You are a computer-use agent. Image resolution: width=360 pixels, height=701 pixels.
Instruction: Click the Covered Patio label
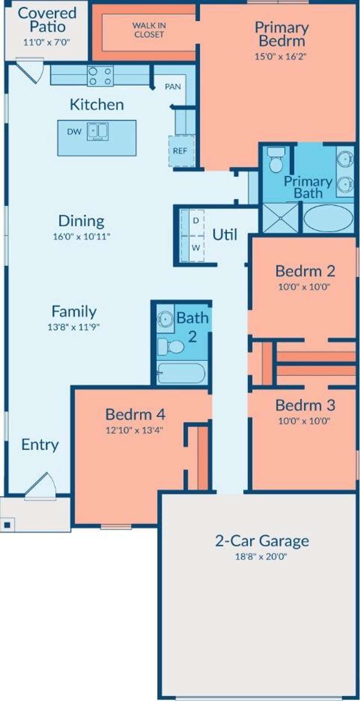47,20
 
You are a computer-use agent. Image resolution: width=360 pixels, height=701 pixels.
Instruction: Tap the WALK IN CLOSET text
149,30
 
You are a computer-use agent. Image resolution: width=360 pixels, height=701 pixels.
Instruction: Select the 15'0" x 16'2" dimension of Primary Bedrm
280,57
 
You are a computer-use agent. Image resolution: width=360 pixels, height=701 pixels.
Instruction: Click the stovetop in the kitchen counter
100,76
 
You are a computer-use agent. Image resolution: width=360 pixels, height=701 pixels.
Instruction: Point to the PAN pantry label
173,87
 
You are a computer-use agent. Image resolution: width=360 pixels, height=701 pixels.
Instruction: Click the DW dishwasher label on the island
74,132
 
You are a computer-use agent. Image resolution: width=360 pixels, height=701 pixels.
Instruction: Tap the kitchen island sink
98,131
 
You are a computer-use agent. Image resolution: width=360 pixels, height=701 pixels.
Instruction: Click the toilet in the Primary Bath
276,159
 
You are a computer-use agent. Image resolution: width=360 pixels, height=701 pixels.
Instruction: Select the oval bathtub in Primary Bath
328,218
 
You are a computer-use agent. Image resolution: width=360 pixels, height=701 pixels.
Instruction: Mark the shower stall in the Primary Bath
280,218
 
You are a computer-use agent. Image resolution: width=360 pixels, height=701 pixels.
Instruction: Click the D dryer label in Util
196,221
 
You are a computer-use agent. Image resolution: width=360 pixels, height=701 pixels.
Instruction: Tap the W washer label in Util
196,248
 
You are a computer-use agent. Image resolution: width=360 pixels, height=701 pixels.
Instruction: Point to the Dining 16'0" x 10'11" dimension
82,236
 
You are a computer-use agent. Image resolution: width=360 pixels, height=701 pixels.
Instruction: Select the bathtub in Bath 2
181,373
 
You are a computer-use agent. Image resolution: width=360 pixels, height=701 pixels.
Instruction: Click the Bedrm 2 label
305,271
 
